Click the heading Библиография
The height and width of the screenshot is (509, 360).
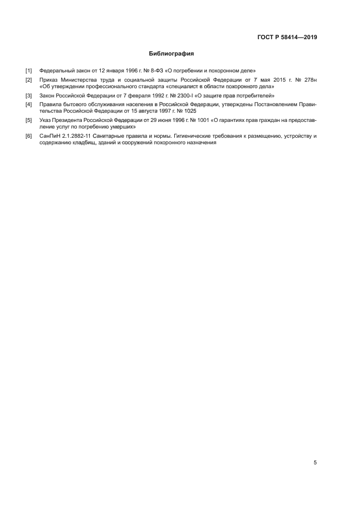(x=172, y=54)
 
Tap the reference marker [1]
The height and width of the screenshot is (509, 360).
(x=29, y=71)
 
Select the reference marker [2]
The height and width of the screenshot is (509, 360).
(x=29, y=79)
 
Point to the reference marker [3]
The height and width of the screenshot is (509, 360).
(x=29, y=95)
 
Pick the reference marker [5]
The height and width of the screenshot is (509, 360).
(x=29, y=120)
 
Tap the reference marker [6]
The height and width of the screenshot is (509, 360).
(x=29, y=136)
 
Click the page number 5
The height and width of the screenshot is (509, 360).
(x=315, y=463)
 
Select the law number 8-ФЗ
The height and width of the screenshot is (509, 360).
(x=147, y=71)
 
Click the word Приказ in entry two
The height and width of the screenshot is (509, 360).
(x=50, y=79)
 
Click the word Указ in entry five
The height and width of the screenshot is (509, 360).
(x=46, y=120)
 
